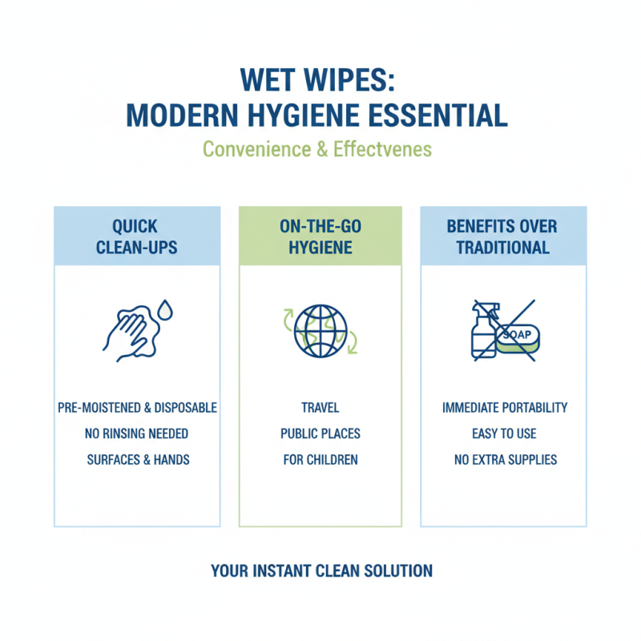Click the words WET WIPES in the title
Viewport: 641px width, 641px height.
(318, 83)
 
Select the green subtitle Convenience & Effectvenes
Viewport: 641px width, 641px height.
(318, 149)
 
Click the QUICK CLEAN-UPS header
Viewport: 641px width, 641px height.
(137, 236)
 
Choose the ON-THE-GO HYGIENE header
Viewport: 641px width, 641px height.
(320, 236)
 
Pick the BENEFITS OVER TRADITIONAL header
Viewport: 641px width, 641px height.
(503, 236)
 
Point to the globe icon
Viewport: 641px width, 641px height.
(320, 330)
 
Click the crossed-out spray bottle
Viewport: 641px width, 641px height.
(483, 329)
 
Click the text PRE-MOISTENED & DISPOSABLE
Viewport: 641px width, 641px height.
(137, 408)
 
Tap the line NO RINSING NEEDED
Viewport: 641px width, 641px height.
(137, 433)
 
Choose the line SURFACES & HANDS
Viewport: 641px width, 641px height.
(137, 460)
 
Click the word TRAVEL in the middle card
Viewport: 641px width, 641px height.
(320, 408)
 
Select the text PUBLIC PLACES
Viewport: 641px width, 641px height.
(320, 433)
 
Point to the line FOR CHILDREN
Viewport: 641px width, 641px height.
(320, 460)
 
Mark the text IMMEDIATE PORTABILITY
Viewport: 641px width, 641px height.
(504, 408)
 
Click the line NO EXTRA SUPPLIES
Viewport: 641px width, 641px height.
(504, 460)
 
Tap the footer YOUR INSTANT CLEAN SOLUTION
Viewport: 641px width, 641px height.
(321, 571)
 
